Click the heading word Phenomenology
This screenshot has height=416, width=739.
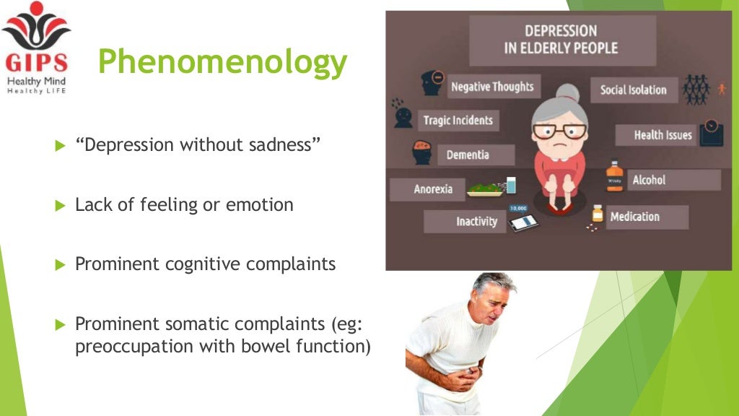(222, 62)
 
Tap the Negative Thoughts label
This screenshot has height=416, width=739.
(491, 87)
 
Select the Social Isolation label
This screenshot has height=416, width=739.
(633, 90)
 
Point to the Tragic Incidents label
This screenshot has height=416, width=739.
(458, 121)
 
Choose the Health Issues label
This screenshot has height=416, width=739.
(663, 135)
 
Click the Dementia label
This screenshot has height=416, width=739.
(468, 155)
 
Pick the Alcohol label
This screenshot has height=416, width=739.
(649, 180)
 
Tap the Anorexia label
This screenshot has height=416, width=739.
(433, 189)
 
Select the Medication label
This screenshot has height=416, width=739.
(634, 217)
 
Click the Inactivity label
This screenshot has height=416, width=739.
(476, 221)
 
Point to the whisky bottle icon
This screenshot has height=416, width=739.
(614, 177)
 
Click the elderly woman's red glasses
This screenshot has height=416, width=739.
(559, 131)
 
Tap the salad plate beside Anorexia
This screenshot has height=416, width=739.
(485, 189)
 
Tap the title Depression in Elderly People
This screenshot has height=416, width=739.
(561, 40)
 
